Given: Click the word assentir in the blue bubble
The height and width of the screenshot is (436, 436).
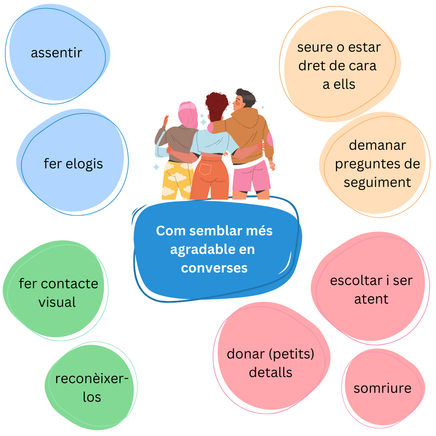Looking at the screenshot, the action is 57,52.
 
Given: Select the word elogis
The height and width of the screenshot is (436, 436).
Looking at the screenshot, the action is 84,164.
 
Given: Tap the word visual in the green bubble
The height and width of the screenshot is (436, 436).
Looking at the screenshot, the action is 57,302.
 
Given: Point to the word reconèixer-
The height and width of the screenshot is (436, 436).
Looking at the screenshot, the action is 92,379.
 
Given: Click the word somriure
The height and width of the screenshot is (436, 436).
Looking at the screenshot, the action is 382,388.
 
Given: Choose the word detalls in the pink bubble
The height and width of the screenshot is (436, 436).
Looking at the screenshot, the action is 270,372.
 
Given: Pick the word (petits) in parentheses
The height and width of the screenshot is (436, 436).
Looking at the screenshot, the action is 292,354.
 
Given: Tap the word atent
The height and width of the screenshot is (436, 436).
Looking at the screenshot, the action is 371,299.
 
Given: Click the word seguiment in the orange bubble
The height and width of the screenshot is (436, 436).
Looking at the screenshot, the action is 377,183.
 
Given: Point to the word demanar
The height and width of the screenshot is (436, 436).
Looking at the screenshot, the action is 377,145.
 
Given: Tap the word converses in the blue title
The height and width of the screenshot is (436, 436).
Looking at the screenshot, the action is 214,268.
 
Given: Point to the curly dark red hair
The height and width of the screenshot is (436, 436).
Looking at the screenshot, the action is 217,106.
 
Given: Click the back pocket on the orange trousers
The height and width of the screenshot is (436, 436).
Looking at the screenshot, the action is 205,169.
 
